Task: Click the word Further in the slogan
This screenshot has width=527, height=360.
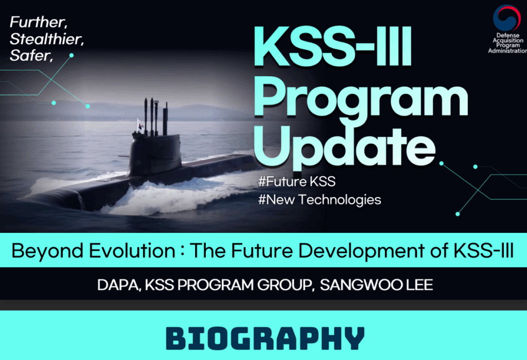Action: pyautogui.click(x=38, y=22)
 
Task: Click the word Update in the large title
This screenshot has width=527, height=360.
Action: pyautogui.click(x=345, y=147)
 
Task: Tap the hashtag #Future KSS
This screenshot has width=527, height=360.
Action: pyautogui.click(x=297, y=182)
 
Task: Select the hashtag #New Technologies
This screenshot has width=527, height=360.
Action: pyautogui.click(x=320, y=199)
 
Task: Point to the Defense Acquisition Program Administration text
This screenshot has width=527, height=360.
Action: pyautogui.click(x=507, y=43)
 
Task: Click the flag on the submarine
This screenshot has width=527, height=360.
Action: pyautogui.click(x=139, y=124)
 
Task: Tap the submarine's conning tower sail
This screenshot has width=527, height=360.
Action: pyautogui.click(x=155, y=153)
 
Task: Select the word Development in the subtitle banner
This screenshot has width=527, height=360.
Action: pyautogui.click(x=361, y=251)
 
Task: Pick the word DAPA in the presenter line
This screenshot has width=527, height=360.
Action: pyautogui.click(x=118, y=285)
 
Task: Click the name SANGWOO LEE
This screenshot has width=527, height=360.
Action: pyautogui.click(x=376, y=285)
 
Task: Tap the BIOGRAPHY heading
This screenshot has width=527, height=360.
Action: pyautogui.click(x=265, y=338)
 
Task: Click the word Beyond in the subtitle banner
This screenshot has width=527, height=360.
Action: pyautogui.click(x=47, y=251)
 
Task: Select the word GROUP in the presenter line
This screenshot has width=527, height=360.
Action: pyautogui.click(x=284, y=285)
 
